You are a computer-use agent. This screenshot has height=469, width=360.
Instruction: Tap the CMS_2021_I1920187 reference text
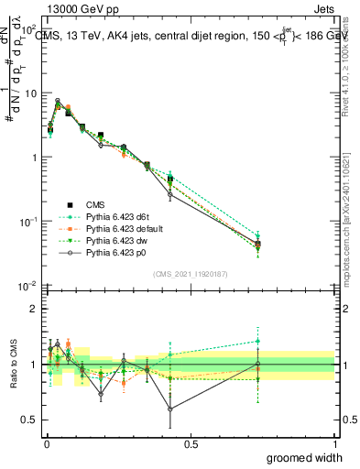point(191,274)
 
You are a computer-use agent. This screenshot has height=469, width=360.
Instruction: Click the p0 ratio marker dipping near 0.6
point(170,409)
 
